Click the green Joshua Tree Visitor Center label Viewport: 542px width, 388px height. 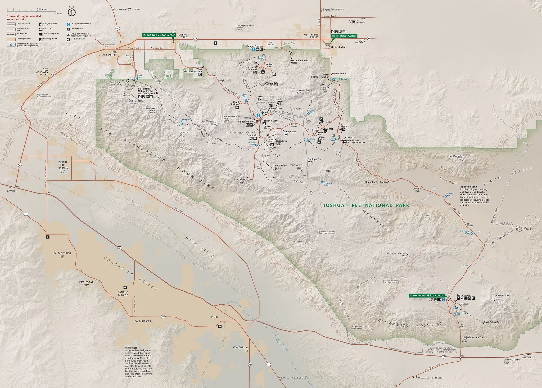pos(159,35)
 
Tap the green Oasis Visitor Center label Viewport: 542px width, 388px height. pos(344,35)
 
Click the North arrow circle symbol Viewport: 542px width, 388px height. pos(72,12)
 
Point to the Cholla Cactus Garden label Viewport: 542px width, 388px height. pos(376,182)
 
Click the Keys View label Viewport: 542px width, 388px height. pos(240,179)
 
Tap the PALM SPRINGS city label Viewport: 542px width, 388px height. pos(62,253)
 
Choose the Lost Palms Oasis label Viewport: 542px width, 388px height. pos(493,322)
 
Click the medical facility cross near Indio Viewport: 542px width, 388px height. pos(220,326)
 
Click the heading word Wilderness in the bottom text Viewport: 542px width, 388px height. pos(131,348)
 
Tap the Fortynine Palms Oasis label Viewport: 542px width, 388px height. pos(300,61)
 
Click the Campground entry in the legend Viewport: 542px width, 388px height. pos(76,29)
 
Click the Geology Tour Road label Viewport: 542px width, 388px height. pos(315,160)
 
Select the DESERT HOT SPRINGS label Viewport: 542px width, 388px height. pos(63,165)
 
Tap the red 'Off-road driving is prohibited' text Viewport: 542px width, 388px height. pos(24,16)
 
